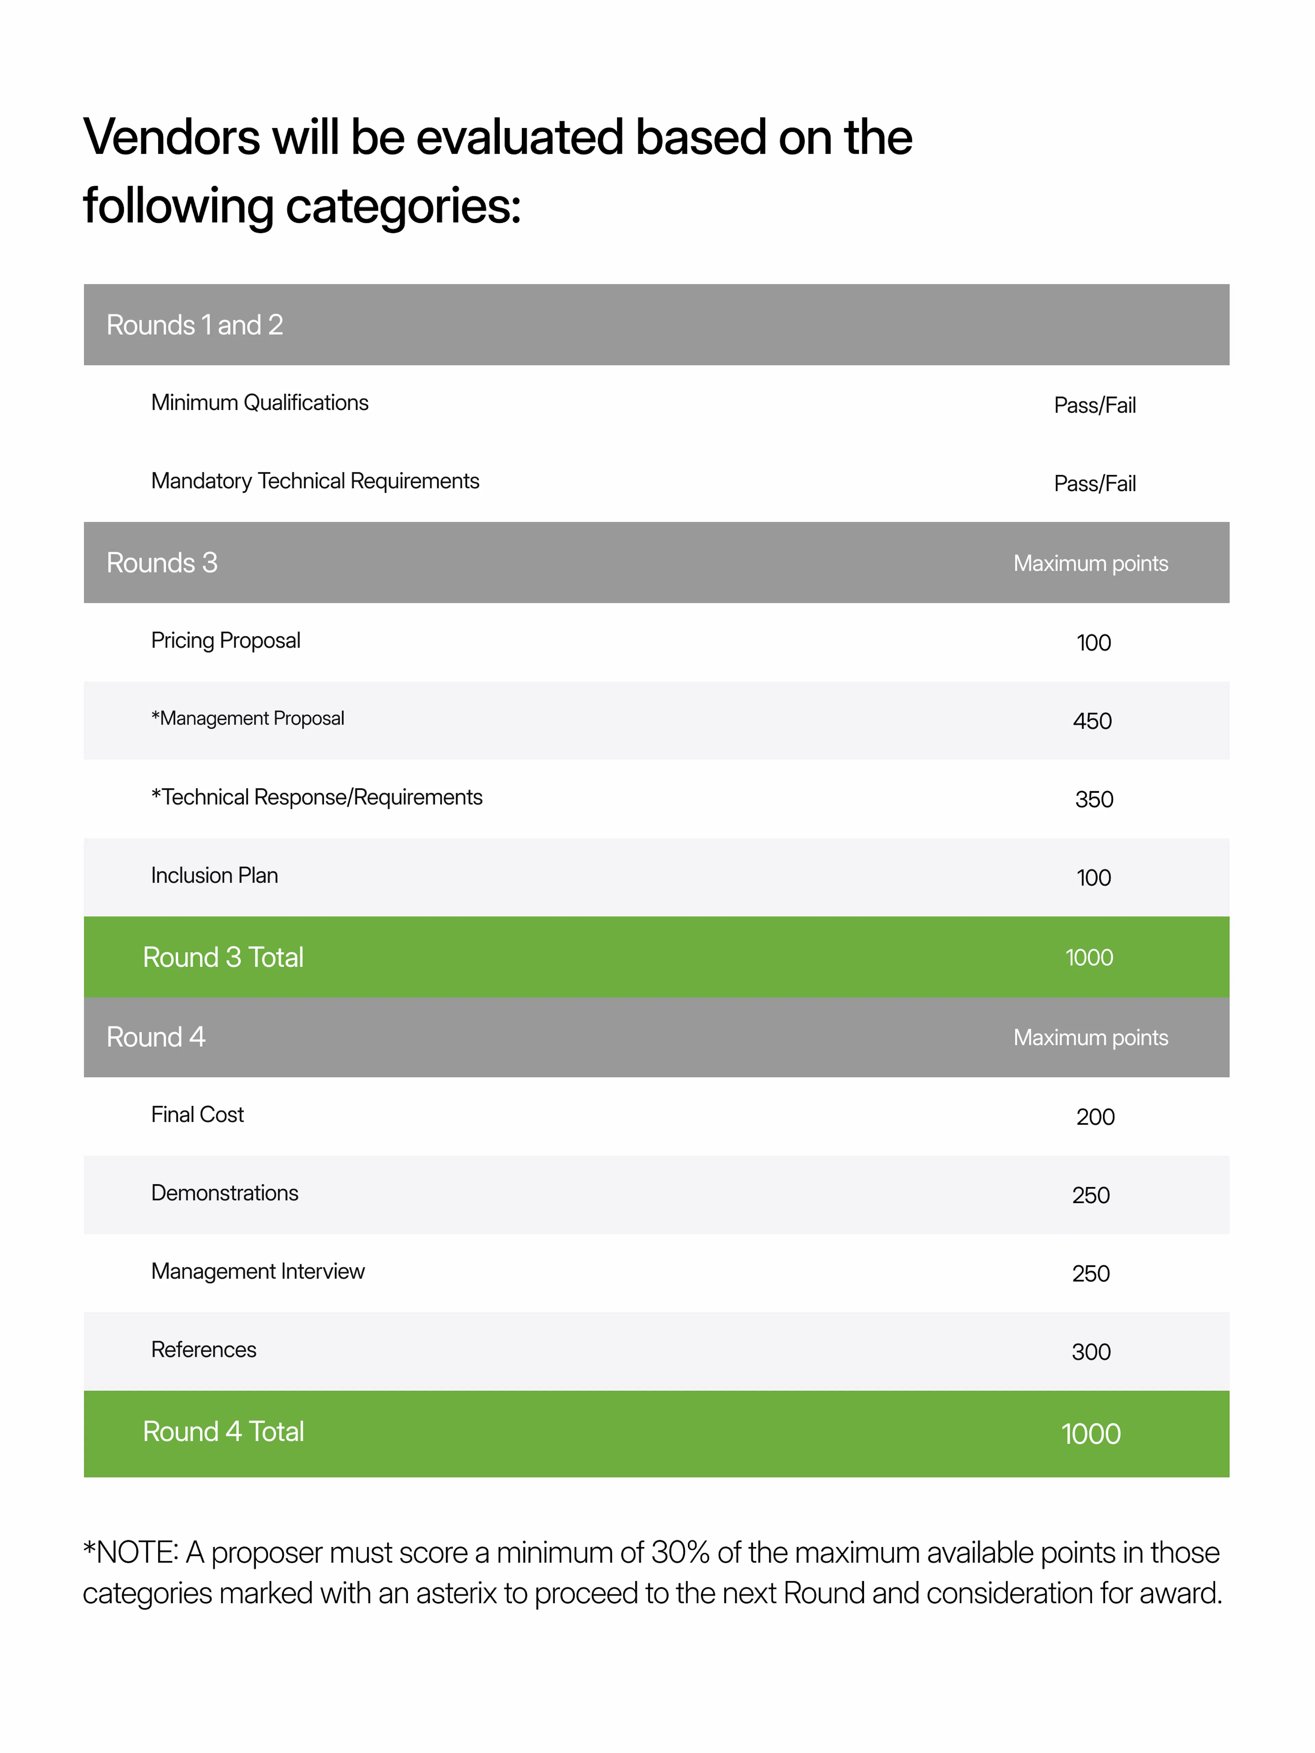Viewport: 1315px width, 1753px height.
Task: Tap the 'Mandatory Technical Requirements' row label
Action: (x=315, y=481)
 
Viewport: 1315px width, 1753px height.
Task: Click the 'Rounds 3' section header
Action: (x=162, y=563)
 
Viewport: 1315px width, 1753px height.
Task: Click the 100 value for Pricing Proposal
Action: (x=1093, y=643)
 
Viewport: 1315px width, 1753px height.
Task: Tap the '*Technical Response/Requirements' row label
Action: (x=316, y=797)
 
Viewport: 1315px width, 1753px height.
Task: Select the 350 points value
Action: (x=1094, y=800)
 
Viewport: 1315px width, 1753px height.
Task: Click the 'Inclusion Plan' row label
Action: (x=214, y=876)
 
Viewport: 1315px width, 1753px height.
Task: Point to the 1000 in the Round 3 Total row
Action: (x=1089, y=957)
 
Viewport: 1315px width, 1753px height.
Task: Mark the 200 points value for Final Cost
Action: (x=1095, y=1117)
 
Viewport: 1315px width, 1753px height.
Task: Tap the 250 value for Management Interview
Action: (x=1091, y=1274)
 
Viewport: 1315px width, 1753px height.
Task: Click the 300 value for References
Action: (x=1091, y=1352)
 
